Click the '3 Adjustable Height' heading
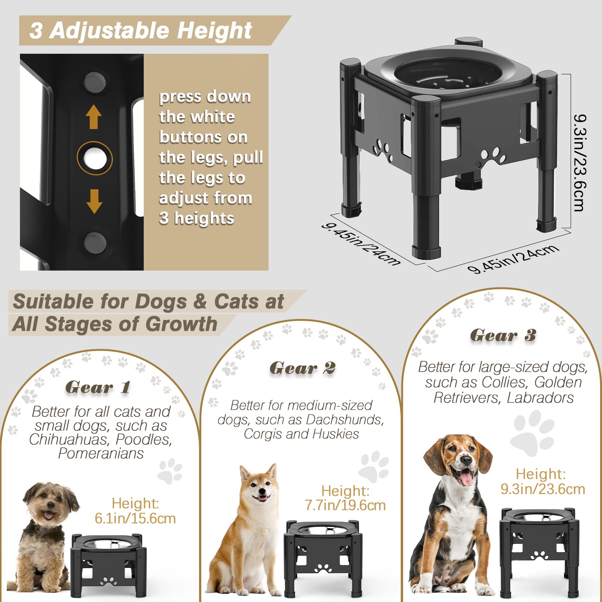pos(141,30)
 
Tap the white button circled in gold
pos(94,158)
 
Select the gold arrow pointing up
pos(94,117)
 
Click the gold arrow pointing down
pos(94,201)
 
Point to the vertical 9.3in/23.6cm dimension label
pos(580,163)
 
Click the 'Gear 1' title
pos(98,387)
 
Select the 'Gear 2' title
pos(302,368)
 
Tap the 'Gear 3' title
pos(503,335)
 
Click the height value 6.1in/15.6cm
pos(135,518)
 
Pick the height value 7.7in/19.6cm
pos(345,505)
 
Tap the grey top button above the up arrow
pos(94,81)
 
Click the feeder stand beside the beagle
pos(539,549)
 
